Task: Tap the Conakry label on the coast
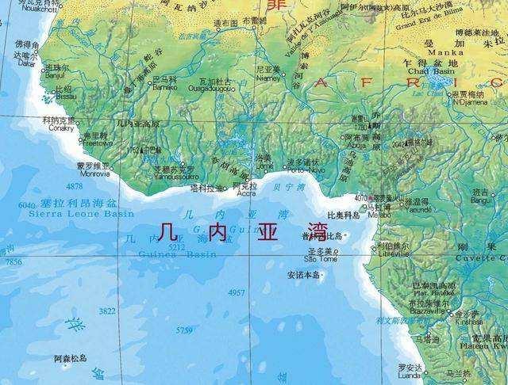click(x=61, y=128)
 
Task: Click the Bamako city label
click(x=164, y=87)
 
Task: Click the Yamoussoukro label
click(x=174, y=176)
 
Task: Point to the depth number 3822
click(x=107, y=311)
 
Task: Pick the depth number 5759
click(x=184, y=330)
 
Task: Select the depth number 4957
click(x=236, y=292)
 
